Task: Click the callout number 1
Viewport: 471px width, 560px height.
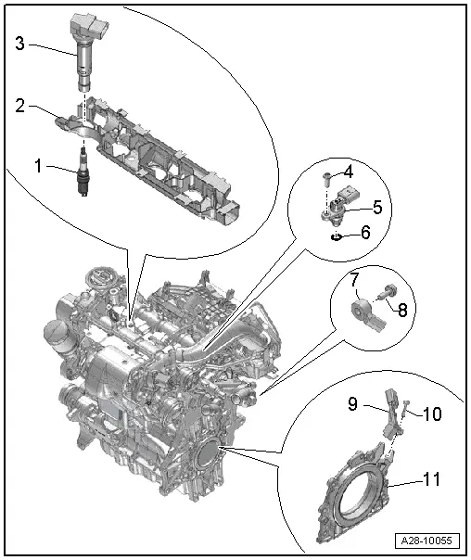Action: click(38, 167)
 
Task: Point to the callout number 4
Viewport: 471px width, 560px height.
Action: click(348, 172)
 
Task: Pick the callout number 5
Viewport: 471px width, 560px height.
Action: click(377, 206)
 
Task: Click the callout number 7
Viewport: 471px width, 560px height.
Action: click(354, 279)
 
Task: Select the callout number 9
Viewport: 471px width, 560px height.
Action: click(353, 403)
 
